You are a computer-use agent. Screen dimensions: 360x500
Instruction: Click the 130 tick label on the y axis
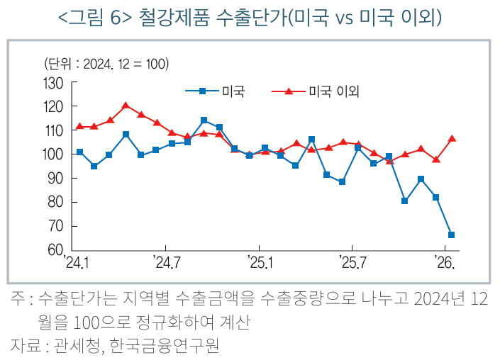point(55,84)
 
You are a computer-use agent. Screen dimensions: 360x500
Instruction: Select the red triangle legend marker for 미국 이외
point(289,91)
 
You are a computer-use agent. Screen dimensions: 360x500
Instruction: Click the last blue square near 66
point(452,235)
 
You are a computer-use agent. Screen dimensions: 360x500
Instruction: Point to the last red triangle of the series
point(452,138)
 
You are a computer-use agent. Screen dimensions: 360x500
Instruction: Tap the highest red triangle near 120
point(126,106)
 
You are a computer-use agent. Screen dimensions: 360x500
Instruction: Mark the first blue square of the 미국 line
point(79,152)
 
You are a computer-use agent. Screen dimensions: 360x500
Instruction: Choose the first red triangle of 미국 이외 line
point(79,126)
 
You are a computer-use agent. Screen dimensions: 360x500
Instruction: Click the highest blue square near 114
point(204,120)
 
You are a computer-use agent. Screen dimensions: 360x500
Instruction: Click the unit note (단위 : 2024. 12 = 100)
point(106,64)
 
